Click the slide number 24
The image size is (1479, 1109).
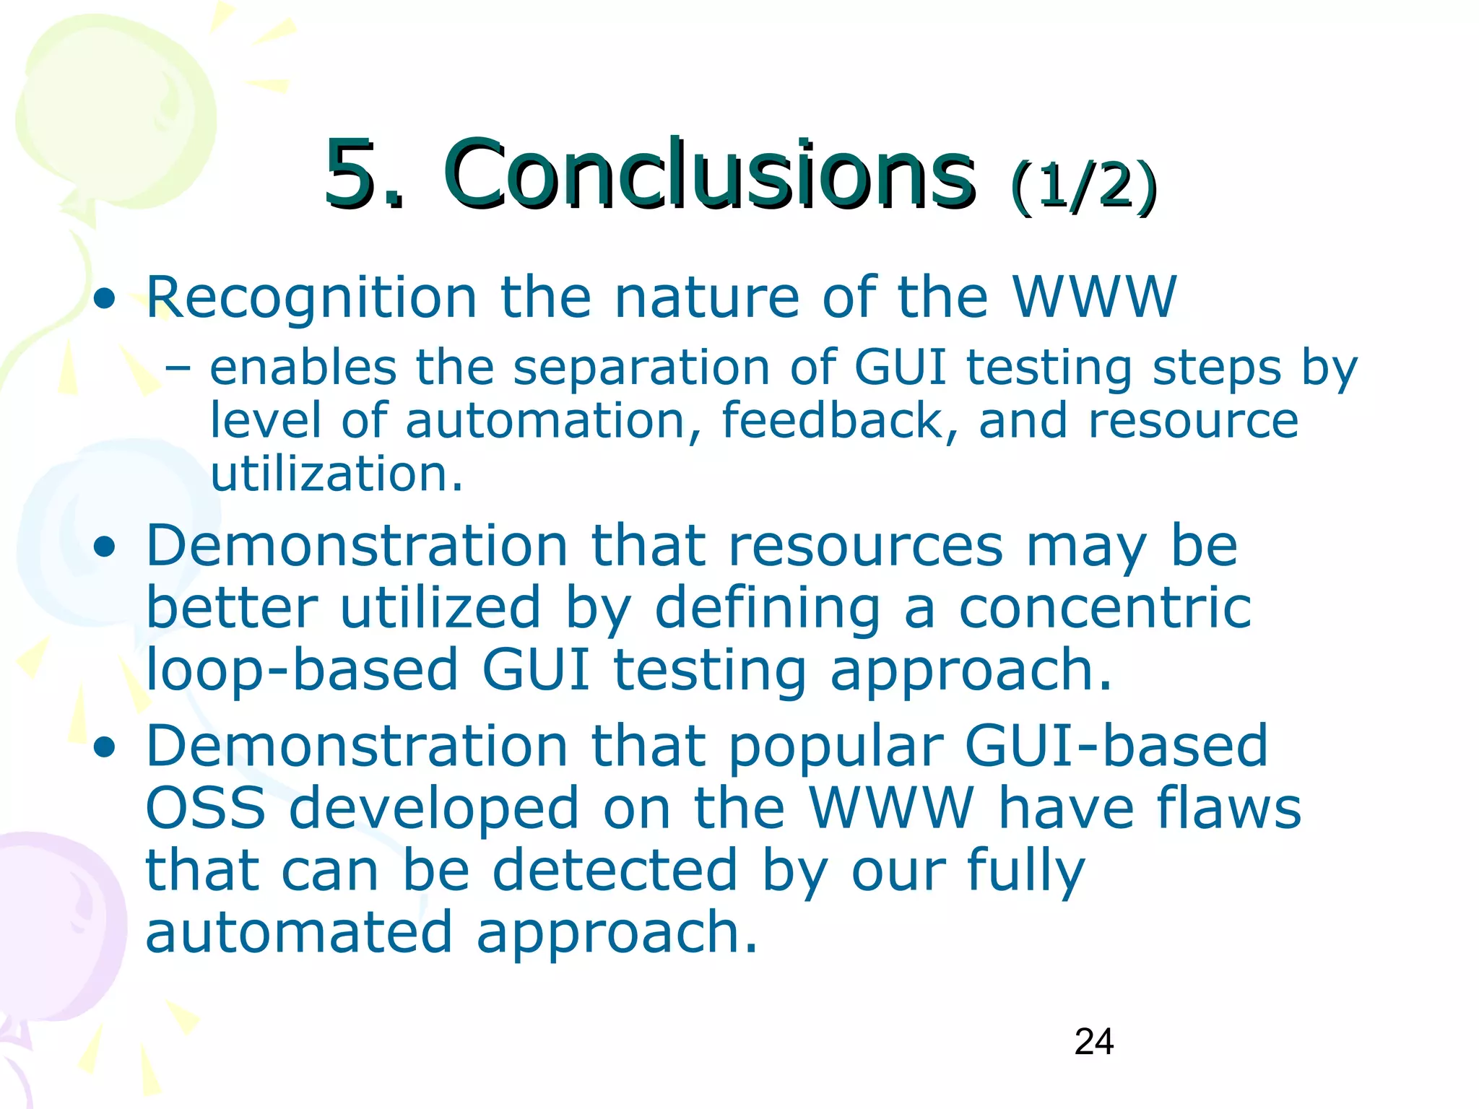pyautogui.click(x=1093, y=1042)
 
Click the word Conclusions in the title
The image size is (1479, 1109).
pyautogui.click(x=710, y=175)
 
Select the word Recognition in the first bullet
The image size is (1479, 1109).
pyautogui.click(x=311, y=297)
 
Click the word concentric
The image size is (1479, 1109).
pyautogui.click(x=1105, y=608)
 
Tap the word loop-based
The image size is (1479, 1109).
pyautogui.click(x=303, y=670)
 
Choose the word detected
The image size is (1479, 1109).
pyautogui.click(x=615, y=871)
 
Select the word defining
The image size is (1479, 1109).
pyautogui.click(x=768, y=608)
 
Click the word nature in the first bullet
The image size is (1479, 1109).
pyautogui.click(x=706, y=297)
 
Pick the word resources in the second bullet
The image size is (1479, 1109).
pyautogui.click(x=866, y=546)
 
